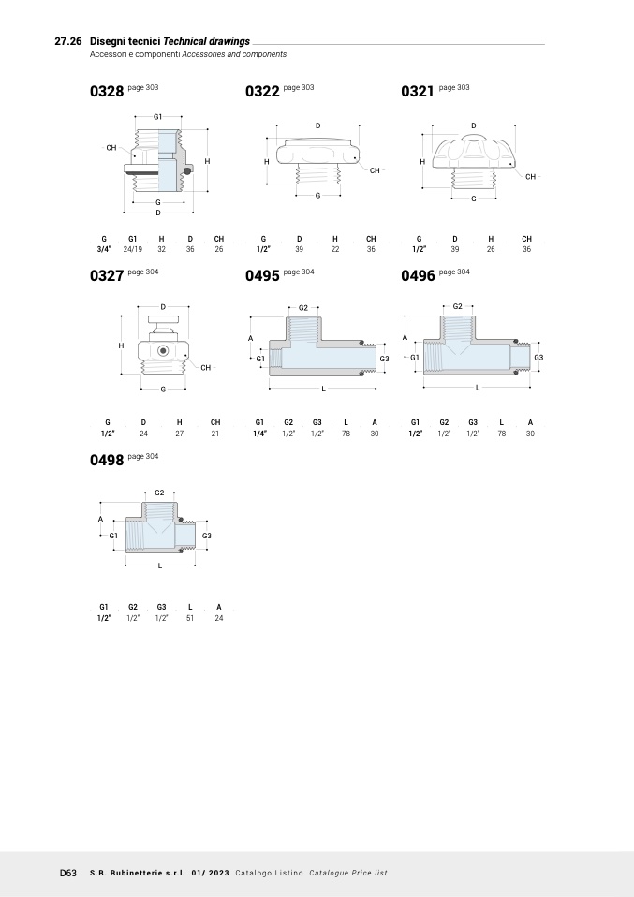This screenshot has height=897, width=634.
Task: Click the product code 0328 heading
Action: (x=107, y=92)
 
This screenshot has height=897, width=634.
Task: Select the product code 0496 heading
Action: (x=418, y=275)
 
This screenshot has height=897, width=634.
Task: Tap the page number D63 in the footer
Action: (x=68, y=873)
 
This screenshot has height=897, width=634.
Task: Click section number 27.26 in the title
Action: (x=68, y=41)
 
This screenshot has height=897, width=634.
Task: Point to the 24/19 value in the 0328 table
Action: (x=133, y=249)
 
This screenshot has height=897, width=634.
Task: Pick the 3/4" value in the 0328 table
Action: (x=104, y=249)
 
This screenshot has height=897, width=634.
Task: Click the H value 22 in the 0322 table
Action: (x=335, y=249)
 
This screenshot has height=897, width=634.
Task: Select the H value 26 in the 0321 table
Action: (x=491, y=249)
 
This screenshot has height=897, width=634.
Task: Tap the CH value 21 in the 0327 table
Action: (x=215, y=434)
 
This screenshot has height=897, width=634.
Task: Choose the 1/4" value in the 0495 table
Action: (x=259, y=434)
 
